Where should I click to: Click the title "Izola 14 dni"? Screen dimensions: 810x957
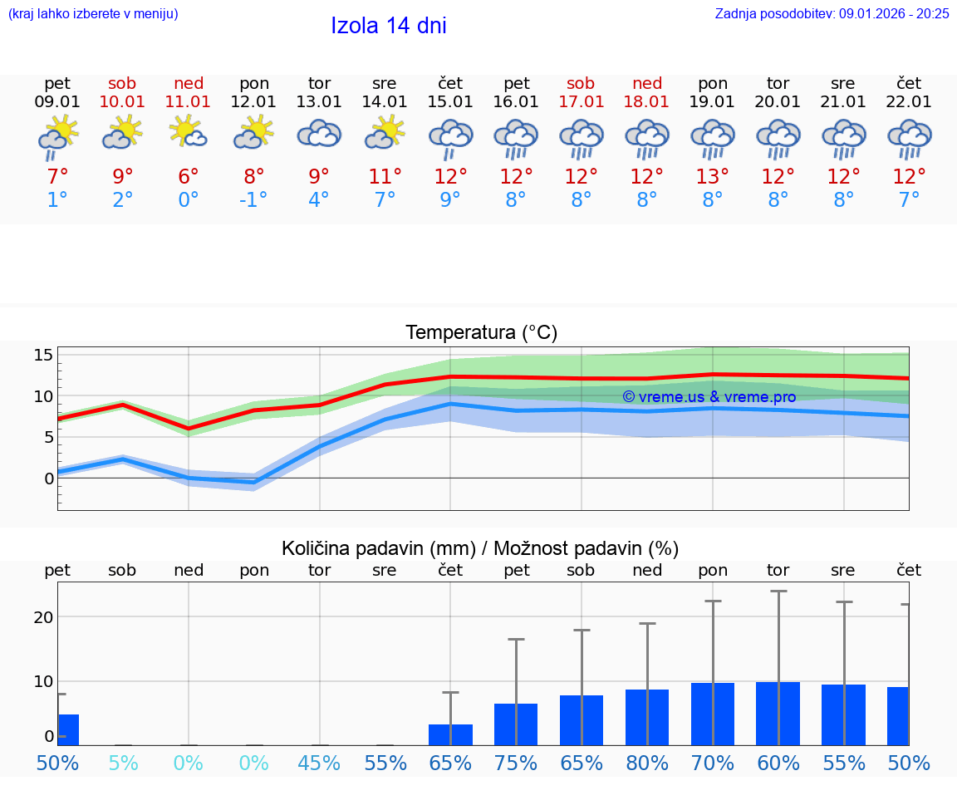[388, 26]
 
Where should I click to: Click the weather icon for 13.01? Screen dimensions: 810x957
[320, 135]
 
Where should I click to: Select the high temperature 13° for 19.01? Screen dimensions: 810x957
[712, 177]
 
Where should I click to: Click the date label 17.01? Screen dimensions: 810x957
[581, 102]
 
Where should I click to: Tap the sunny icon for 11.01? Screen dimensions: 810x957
[189, 133]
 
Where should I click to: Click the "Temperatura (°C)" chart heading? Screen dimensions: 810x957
[481, 332]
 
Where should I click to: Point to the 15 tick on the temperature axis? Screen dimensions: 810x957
[43, 356]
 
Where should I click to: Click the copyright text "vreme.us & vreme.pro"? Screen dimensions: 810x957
[709, 397]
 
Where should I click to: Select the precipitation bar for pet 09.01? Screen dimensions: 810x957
[68, 729]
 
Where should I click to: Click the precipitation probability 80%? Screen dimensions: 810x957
[647, 763]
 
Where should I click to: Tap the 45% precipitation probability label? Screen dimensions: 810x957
[320, 763]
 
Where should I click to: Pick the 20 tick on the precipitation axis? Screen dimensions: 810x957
[43, 616]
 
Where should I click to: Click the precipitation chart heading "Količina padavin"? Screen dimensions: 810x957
[480, 548]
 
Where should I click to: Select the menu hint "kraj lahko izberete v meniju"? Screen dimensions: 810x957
[93, 13]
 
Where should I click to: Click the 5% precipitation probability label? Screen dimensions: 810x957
[123, 763]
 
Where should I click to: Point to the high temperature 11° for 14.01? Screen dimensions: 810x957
[385, 177]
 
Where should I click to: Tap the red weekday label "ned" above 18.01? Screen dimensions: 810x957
[647, 83]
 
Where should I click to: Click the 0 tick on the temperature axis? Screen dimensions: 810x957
[48, 478]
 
